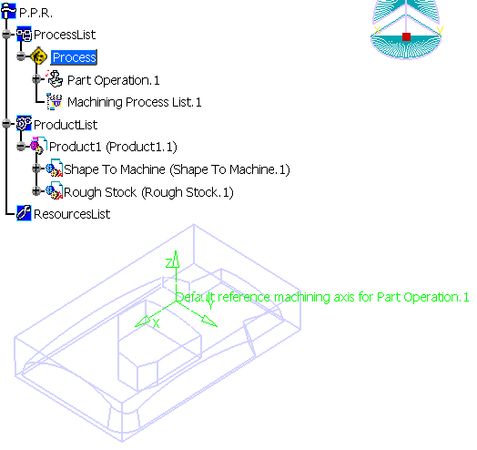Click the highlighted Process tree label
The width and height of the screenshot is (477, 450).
(74, 57)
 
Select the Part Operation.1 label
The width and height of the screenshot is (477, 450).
(114, 80)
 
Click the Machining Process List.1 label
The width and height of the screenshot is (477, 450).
(135, 102)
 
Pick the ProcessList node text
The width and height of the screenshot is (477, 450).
(65, 35)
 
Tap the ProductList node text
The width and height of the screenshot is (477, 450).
(66, 125)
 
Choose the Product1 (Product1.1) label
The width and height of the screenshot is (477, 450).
(113, 147)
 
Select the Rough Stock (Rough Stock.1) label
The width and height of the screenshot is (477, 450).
(148, 192)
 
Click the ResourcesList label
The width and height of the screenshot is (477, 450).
(72, 214)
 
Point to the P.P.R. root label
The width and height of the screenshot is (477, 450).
(36, 13)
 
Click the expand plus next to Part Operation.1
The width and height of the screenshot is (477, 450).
(36, 79)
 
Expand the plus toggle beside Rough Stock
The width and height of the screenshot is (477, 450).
(36, 191)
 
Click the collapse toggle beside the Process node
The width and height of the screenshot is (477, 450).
(21, 56)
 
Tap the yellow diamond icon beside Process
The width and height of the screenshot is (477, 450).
(39, 56)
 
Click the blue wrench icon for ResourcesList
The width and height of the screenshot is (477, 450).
(24, 213)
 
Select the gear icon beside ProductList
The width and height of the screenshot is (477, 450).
(24, 123)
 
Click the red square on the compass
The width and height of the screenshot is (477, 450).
(406, 36)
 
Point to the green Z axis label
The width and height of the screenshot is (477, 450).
(169, 262)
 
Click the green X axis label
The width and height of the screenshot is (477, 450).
(156, 323)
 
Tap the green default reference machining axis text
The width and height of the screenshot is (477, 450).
(322, 297)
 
